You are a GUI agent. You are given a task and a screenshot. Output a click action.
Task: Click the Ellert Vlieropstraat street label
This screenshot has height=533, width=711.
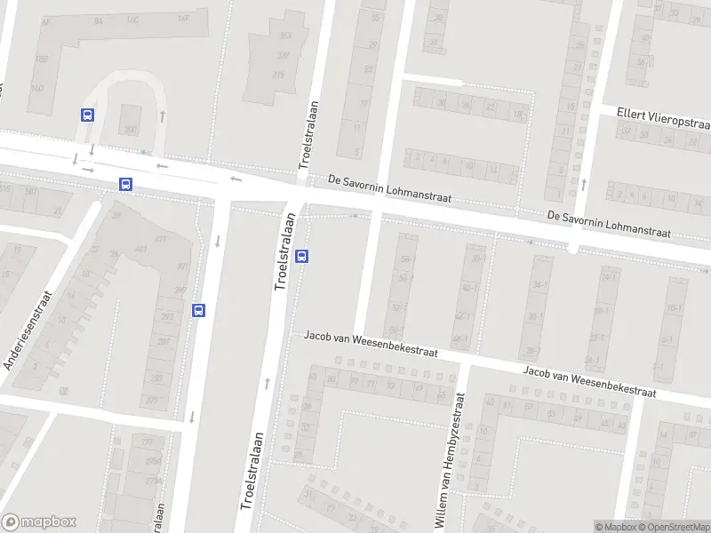click(x=663, y=116)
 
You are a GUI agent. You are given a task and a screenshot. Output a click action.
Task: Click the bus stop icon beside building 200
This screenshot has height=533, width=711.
click(x=87, y=115)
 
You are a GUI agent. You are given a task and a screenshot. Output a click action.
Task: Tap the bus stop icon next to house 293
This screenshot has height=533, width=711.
click(x=198, y=310)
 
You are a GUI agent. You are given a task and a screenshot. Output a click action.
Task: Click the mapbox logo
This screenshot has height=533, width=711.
click(x=39, y=521)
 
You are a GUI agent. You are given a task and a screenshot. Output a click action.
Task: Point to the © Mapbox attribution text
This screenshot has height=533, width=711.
click(x=616, y=527)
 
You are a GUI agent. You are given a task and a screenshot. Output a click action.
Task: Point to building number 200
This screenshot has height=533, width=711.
click(x=131, y=131)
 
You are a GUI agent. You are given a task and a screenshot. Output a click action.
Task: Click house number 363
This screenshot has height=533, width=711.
click(x=285, y=36)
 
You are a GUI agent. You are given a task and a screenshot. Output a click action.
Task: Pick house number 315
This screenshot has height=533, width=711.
click(x=278, y=76)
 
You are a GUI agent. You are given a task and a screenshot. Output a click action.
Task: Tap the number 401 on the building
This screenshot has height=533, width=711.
click(x=140, y=250)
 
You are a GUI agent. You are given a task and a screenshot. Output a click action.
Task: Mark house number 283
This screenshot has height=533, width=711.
click(x=156, y=379)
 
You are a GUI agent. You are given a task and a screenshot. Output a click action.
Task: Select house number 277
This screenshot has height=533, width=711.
click(x=147, y=441)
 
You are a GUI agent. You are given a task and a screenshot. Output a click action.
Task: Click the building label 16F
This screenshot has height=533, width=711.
click(x=184, y=18)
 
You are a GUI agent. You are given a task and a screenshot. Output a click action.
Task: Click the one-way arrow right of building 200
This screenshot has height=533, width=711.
click(x=163, y=115)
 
